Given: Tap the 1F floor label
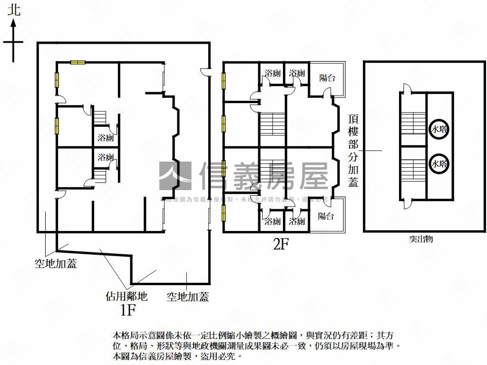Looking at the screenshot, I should [x=128, y=310].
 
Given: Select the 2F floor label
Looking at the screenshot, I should [x=281, y=244].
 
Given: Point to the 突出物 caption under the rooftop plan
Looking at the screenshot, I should [x=421, y=239].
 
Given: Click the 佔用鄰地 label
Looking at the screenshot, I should [x=127, y=297].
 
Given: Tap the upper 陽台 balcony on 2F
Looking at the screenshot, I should [x=327, y=77].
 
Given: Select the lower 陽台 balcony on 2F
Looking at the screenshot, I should [x=326, y=216].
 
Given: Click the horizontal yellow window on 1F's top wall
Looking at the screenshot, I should [x=78, y=62].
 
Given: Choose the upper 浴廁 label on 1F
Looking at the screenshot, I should [x=106, y=138].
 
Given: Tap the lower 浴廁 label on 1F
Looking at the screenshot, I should [x=106, y=157].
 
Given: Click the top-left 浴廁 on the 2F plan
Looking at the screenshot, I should [x=273, y=73].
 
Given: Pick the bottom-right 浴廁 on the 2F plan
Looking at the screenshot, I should [x=297, y=221].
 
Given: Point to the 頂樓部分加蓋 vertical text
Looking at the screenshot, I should [x=353, y=150].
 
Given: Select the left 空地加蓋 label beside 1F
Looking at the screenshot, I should [x=56, y=263].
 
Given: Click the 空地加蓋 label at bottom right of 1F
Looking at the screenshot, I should [x=188, y=297].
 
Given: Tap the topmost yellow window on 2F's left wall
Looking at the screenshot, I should [x=223, y=80].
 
